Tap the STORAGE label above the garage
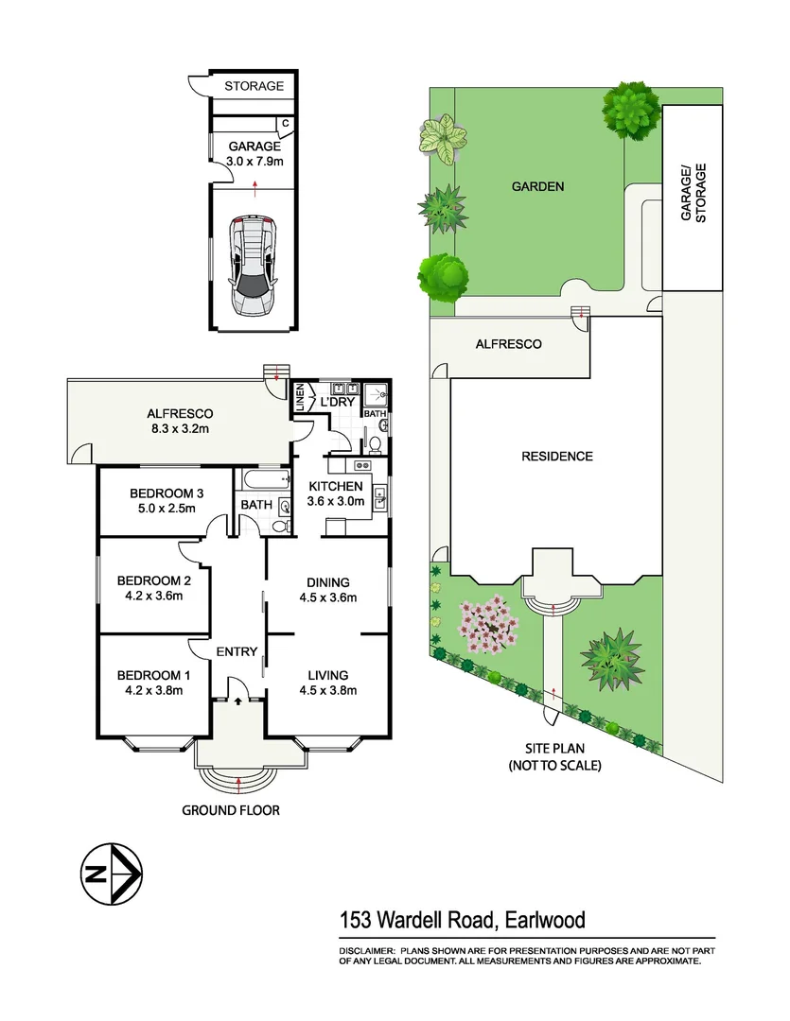pos(254,86)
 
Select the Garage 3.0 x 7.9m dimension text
pos(255,162)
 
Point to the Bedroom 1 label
pos(154,675)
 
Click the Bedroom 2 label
pos(154,580)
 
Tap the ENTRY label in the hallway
pos(237,651)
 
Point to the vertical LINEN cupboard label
pos(301,400)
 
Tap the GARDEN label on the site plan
pos(537,186)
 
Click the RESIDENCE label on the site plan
pos(557,456)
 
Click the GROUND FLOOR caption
pos(230,810)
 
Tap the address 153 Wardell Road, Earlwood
pos(462,919)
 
